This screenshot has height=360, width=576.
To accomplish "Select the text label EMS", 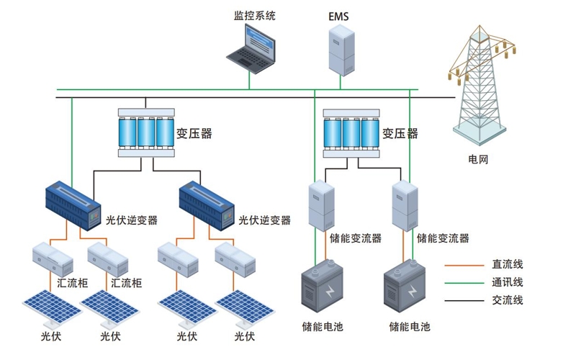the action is point(338,17).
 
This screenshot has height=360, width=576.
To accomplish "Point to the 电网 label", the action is point(478,159).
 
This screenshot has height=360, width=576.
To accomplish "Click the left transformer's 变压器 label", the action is point(194,133).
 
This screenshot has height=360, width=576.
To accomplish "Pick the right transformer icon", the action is point(351,133).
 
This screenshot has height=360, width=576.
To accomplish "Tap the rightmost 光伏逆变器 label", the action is point(264,220).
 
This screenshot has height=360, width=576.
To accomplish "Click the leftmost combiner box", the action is point(53,258).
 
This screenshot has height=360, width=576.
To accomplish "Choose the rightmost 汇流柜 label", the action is point(126,283).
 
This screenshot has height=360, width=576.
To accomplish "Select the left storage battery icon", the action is point(322,285).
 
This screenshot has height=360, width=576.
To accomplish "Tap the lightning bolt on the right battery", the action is point(413,292).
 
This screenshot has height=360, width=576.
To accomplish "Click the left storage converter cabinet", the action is point(321,205).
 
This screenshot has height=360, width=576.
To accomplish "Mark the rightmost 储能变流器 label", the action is point(443,238).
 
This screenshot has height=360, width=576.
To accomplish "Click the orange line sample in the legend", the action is point(464,265).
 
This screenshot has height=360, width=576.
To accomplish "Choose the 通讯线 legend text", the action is point(508,282).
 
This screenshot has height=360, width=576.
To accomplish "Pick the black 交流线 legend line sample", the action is point(464,300).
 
